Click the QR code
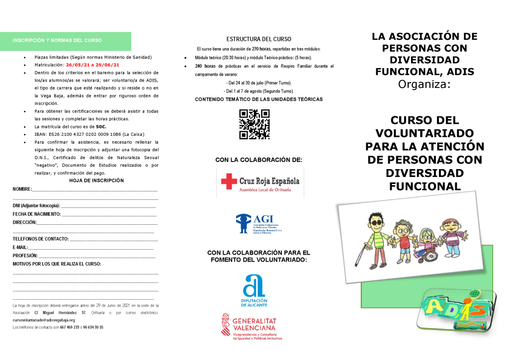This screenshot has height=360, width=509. (x=254, y=124)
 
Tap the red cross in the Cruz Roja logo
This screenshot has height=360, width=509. (x=229, y=181)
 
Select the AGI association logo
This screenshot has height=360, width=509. (x=258, y=224)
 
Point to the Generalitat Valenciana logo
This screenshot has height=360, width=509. (x=252, y=326)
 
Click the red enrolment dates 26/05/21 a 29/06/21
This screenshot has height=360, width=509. (x=92, y=65)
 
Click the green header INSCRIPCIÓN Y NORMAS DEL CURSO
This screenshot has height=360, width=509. (x=57, y=40)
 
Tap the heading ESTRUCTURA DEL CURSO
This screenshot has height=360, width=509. (x=258, y=39)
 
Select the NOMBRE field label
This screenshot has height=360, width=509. (x=22, y=189)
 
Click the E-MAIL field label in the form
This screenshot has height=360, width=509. (x=20, y=247)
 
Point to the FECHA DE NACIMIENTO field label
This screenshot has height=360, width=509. (x=37, y=214)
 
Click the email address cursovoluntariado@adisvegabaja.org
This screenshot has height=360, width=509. (x=44, y=320)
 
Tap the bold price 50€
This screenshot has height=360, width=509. (x=101, y=127)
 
